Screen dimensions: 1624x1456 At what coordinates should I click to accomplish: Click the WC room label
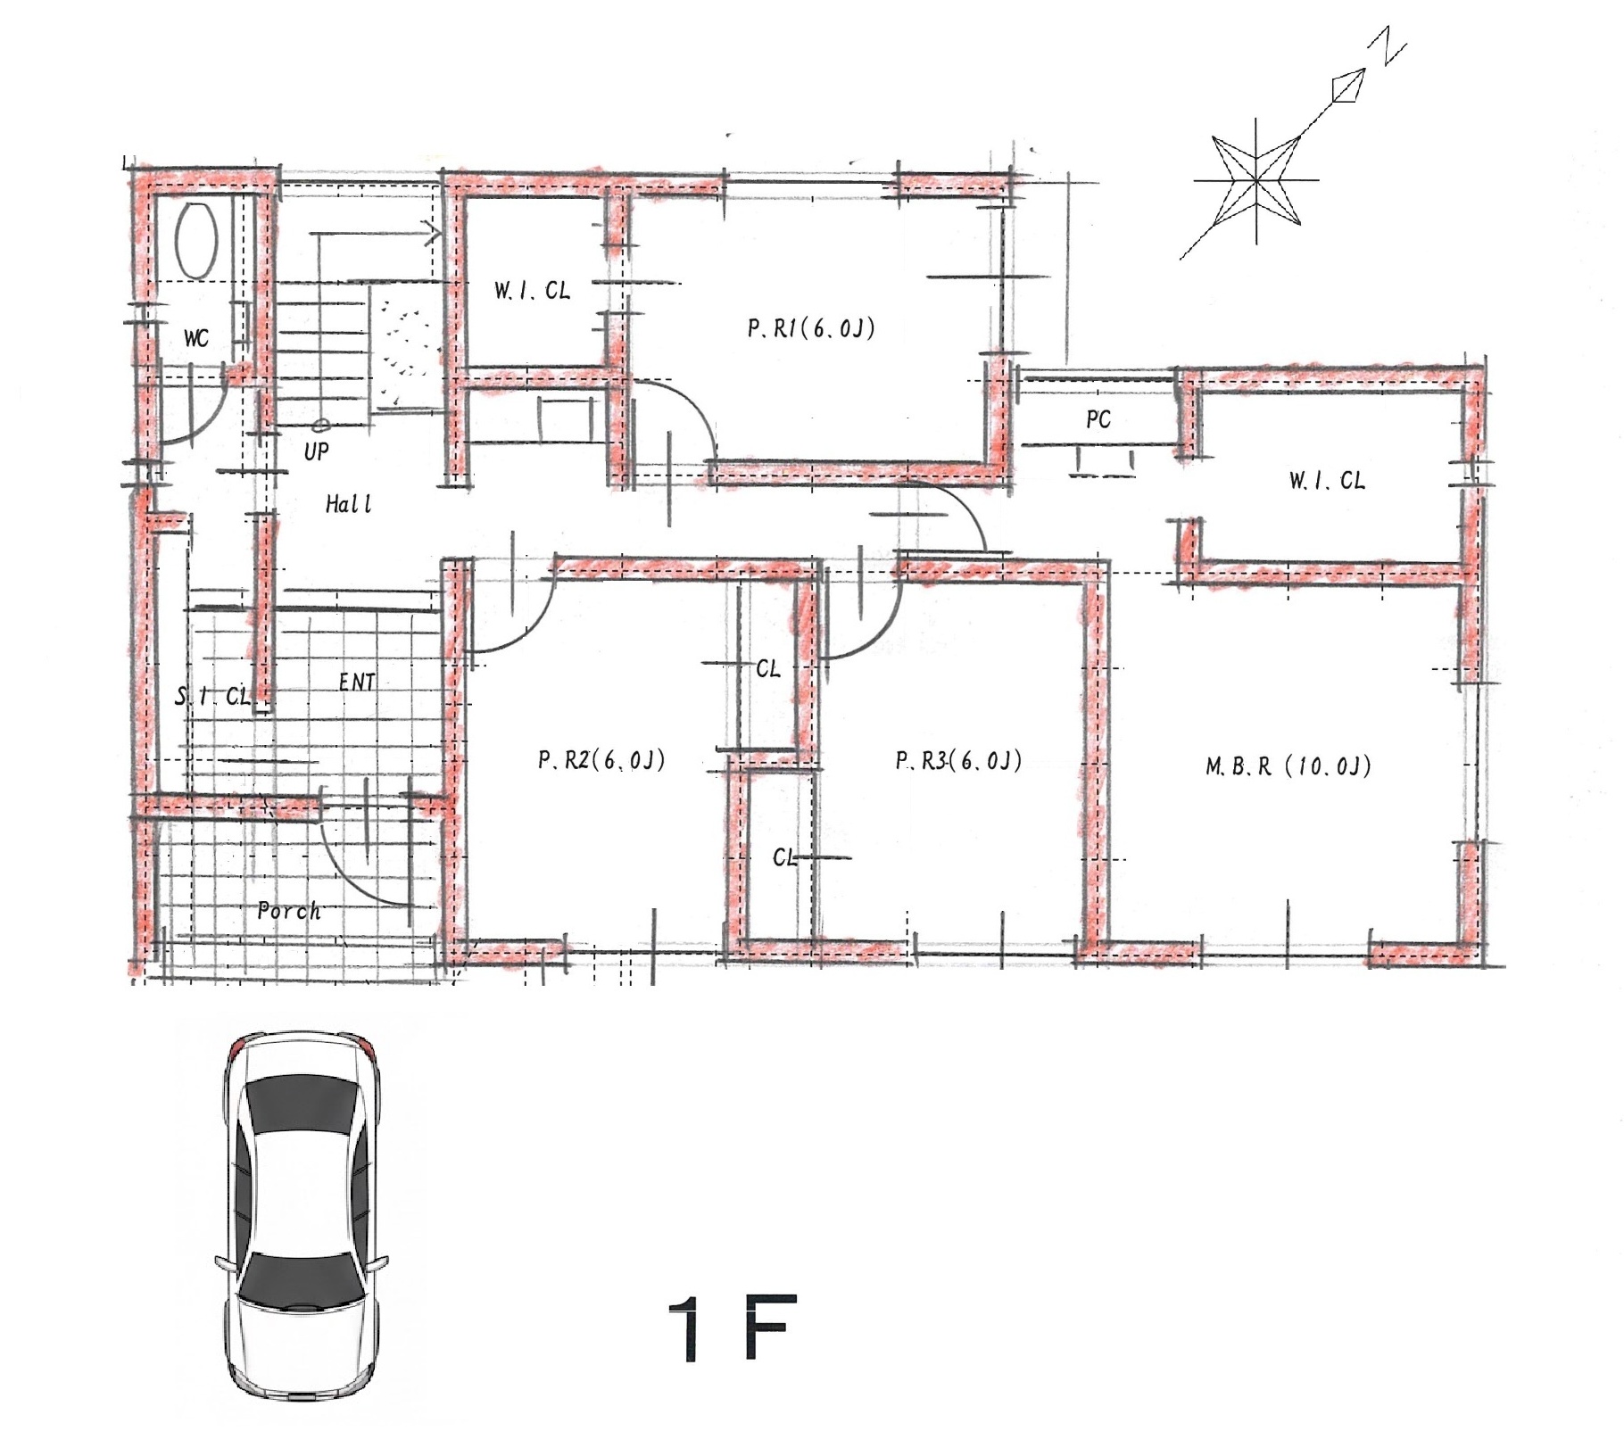tap(196, 338)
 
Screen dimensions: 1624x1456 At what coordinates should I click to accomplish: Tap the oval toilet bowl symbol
tap(196, 241)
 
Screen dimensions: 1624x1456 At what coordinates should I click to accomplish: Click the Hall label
tap(348, 505)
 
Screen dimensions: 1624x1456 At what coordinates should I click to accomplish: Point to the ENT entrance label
tap(357, 682)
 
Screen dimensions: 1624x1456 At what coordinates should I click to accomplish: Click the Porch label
tap(288, 911)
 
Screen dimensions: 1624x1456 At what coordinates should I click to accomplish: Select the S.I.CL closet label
tap(212, 696)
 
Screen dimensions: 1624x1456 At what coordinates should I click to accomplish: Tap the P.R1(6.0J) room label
tap(811, 329)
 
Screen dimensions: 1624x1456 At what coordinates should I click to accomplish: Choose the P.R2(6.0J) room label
tap(601, 760)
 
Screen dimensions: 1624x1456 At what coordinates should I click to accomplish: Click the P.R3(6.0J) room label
tap(958, 760)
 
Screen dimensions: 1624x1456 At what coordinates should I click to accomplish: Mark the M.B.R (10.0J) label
tap(1288, 766)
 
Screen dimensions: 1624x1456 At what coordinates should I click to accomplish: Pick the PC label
tap(1098, 419)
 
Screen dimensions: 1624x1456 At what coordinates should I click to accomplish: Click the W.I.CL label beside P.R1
tap(532, 291)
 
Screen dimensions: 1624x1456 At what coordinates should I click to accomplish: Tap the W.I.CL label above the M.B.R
tap(1327, 481)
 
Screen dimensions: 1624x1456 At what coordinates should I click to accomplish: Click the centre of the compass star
tap(1256, 180)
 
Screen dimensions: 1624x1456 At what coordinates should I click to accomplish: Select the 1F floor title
tap(732, 1329)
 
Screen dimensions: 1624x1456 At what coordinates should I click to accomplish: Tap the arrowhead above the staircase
tap(435, 235)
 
